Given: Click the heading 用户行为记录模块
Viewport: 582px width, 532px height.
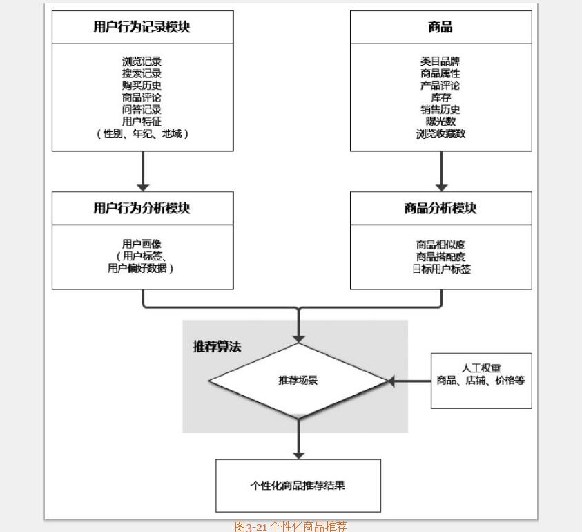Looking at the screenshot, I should tap(142, 27).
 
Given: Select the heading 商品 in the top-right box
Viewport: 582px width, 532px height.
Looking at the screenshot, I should tap(440, 27).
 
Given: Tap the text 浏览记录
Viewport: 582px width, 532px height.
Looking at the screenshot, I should tap(142, 61).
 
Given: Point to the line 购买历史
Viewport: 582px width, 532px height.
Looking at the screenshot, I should tap(142, 85).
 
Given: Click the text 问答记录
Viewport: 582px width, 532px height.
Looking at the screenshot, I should tap(142, 109).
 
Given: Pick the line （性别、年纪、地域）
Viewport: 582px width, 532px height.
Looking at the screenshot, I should tap(142, 133).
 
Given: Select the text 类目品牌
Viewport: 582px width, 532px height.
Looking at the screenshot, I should tap(440, 61).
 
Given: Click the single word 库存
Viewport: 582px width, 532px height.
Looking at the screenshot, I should tap(440, 97).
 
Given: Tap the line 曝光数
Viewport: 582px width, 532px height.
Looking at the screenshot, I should tap(440, 122).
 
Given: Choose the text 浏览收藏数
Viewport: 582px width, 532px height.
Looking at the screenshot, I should tap(440, 133).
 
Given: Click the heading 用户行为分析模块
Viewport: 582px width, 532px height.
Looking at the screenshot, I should tap(142, 208).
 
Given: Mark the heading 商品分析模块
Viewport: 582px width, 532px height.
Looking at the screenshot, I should tap(440, 208).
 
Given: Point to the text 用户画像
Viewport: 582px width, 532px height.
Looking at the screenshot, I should tap(142, 244).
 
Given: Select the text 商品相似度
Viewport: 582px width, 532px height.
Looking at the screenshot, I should tap(440, 245).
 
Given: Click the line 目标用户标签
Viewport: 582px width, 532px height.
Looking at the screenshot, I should tap(440, 269).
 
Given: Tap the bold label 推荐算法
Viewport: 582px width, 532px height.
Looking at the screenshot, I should tap(217, 346).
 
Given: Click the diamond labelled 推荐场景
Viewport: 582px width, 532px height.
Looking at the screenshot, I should tap(298, 380).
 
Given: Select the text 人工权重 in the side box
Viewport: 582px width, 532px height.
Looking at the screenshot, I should tap(481, 368).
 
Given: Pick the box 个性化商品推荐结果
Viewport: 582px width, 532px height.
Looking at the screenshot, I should tap(298, 485).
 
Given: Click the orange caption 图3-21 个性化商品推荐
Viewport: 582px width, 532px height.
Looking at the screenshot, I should tap(291, 526).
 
